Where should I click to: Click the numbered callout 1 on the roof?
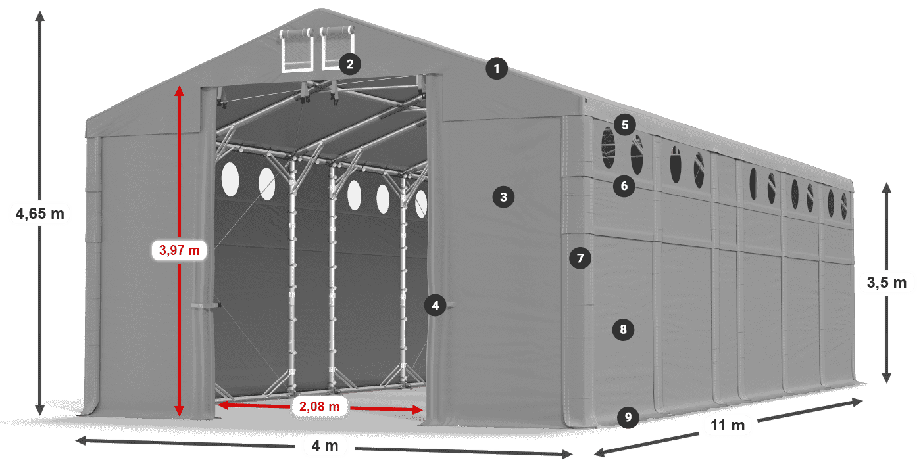497,68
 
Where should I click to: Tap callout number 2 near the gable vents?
349,64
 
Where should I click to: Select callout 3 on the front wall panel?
503,196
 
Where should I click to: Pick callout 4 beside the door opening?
435,305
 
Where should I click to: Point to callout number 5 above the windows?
624,124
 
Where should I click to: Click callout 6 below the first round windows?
624,186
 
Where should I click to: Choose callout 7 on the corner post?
580,258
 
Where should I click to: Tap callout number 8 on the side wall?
623,329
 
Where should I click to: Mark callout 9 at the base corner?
628,417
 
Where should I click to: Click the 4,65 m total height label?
39,213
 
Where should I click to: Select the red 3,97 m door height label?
179,250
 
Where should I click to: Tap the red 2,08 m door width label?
319,407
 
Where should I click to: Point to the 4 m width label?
325,446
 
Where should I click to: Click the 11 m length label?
727,426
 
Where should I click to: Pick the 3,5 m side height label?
886,283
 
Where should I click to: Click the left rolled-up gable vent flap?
297,34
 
